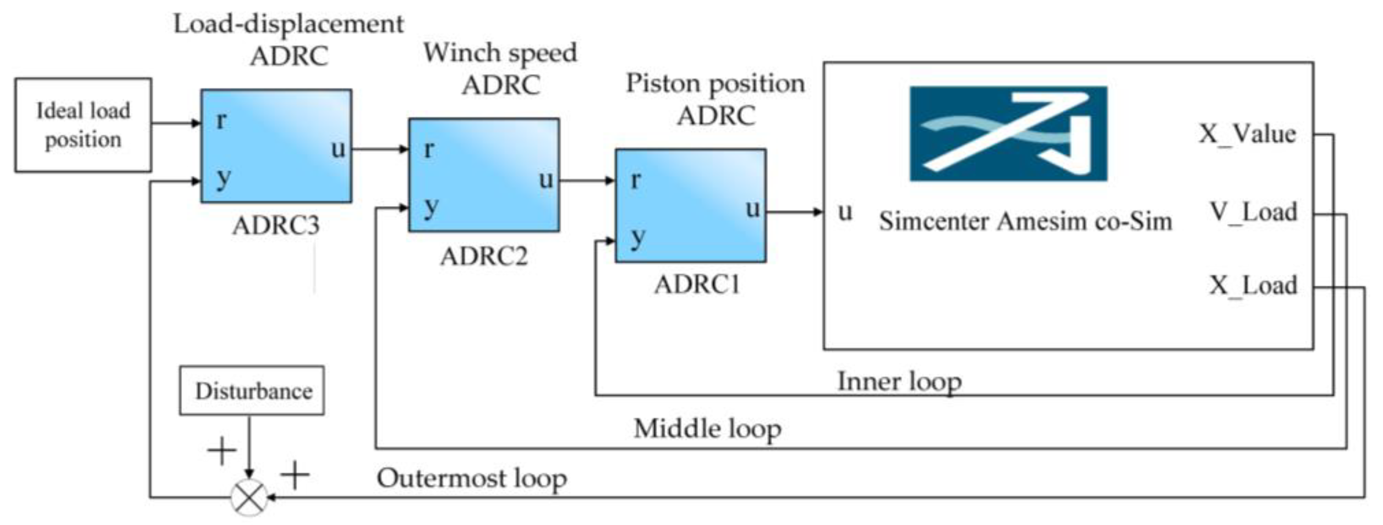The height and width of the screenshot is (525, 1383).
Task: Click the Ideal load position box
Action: point(83,125)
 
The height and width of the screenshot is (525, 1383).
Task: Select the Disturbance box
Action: point(252,391)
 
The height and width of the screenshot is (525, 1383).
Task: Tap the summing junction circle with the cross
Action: point(249,497)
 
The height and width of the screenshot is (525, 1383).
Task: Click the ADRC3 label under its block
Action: point(275,225)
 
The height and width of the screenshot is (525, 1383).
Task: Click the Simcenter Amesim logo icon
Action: point(1008,133)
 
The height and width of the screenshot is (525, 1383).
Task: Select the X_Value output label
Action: point(1247,133)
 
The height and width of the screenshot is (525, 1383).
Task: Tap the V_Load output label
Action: point(1253,212)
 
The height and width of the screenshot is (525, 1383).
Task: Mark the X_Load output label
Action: point(1253,285)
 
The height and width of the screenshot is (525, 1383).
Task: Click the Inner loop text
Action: point(899,382)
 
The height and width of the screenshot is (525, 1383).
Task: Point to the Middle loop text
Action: point(707,429)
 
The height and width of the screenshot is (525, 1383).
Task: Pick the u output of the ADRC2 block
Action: point(545,179)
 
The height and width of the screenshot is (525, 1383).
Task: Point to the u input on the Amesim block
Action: point(844,212)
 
